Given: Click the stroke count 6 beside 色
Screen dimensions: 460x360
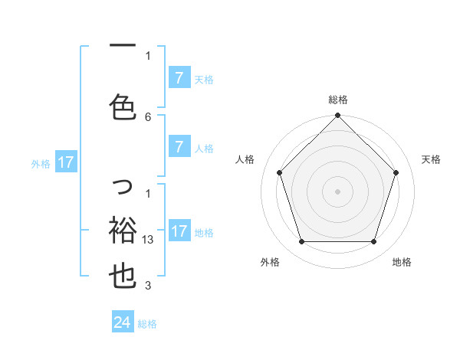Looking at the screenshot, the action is pyautogui.click(x=148, y=117).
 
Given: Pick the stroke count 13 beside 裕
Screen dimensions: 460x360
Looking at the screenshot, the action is pyautogui.click(x=149, y=240).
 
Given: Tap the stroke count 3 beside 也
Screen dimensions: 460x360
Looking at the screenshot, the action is pyautogui.click(x=148, y=286).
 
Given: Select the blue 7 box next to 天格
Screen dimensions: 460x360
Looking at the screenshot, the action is pyautogui.click(x=179, y=78).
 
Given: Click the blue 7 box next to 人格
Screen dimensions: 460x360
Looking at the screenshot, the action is pyautogui.click(x=179, y=147).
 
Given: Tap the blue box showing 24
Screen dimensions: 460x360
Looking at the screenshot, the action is pyautogui.click(x=122, y=322).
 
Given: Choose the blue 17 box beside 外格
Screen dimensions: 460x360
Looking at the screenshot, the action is pyautogui.click(x=65, y=162).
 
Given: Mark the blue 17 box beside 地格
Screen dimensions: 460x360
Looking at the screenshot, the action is pyautogui.click(x=179, y=231).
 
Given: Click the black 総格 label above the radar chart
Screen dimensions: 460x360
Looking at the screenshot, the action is pyautogui.click(x=337, y=100).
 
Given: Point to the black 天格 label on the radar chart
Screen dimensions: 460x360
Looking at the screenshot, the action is pyautogui.click(x=432, y=159).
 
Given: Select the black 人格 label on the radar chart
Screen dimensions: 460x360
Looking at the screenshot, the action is pyautogui.click(x=245, y=159).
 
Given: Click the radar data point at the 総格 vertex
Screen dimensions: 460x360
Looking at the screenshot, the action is pyautogui.click(x=337, y=116).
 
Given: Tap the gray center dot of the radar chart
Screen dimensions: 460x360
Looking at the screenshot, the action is pyautogui.click(x=337, y=191).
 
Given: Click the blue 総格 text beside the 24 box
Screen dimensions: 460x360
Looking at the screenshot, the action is pyautogui.click(x=147, y=324).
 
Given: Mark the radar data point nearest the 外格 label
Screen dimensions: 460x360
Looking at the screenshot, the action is pyautogui.click(x=301, y=242).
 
